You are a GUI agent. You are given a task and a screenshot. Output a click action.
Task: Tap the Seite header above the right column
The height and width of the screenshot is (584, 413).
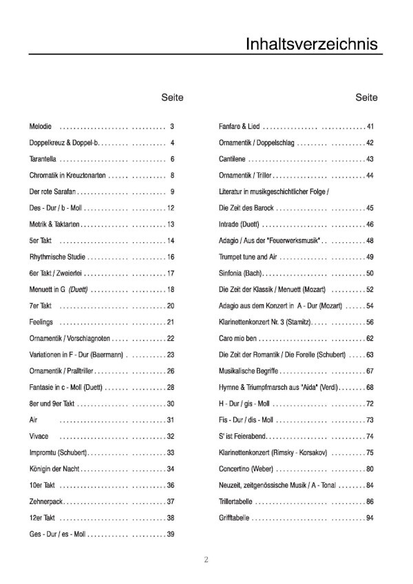367,98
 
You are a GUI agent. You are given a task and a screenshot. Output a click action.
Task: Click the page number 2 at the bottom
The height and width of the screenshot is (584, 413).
206,559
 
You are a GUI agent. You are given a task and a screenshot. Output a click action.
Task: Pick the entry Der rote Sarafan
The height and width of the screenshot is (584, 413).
54,191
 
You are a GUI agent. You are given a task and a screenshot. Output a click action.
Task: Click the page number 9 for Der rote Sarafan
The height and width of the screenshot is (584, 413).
172,191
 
